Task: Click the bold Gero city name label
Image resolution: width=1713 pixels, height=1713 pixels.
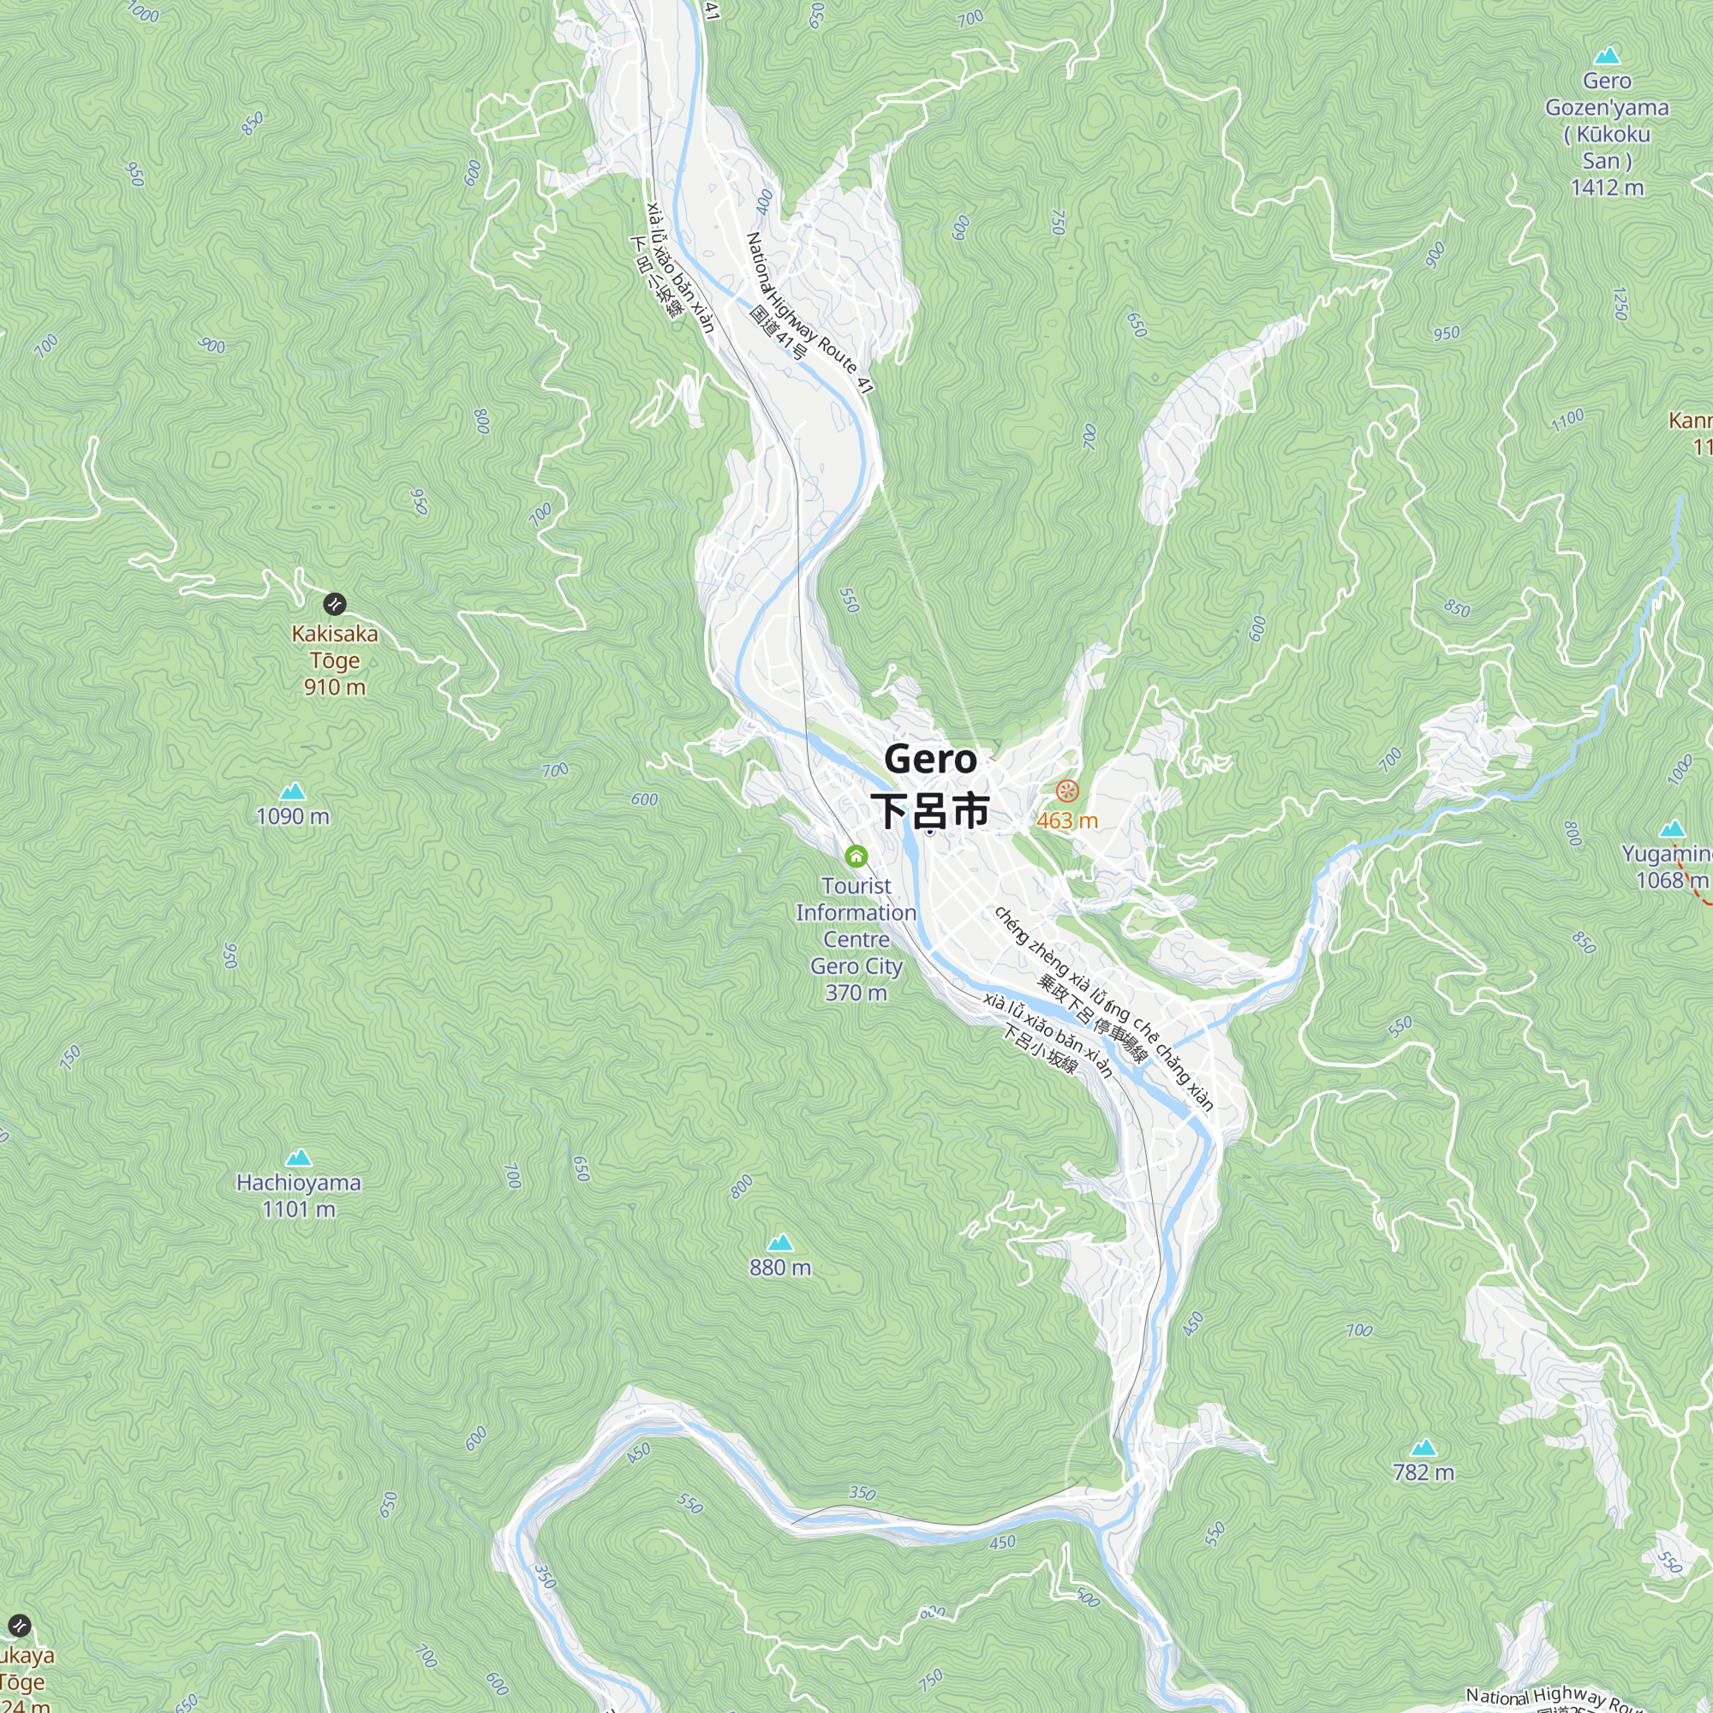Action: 930,760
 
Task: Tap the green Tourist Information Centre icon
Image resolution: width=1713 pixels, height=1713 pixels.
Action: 856,856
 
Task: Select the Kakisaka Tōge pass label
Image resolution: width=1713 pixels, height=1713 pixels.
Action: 334,647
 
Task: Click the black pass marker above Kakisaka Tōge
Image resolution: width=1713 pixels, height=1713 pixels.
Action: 334,604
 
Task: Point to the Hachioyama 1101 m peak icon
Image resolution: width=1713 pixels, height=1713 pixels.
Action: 299,1157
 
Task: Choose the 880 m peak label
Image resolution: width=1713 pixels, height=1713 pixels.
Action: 780,1267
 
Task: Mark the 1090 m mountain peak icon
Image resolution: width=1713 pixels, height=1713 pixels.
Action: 293,791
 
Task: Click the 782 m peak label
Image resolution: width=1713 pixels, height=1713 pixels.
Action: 1423,1471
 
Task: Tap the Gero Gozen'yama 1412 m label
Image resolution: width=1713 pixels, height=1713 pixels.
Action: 1607,133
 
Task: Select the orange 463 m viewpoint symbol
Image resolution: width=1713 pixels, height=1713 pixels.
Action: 1067,790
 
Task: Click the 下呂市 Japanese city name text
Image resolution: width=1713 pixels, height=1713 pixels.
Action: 930,810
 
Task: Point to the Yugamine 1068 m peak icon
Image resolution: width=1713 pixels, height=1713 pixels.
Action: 1672,828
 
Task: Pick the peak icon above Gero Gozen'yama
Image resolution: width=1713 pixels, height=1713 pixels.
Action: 1607,56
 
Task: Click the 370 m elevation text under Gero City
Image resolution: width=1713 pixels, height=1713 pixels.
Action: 856,992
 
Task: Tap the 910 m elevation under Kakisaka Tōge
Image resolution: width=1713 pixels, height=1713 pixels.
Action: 334,687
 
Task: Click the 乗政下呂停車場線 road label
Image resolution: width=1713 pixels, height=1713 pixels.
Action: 1092,1019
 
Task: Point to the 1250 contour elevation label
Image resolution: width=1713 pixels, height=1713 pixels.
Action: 1620,303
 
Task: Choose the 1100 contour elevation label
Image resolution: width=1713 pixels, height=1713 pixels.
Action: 1567,420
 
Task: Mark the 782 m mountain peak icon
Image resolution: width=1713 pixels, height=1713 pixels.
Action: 1423,1447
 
